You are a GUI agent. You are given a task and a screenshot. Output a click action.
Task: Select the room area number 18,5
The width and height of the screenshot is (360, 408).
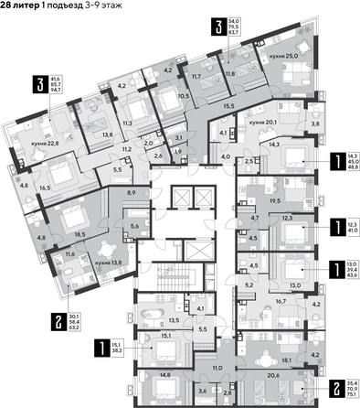pos(80,234)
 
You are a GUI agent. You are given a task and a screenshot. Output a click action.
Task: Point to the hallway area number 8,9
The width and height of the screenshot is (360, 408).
pos(132,194)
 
